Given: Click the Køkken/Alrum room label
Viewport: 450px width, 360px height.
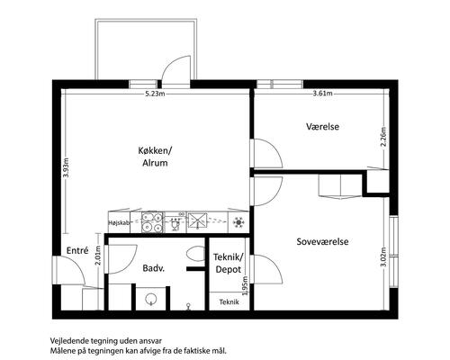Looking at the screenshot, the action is click(x=155, y=157).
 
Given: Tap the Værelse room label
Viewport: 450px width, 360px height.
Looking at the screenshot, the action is click(x=323, y=126).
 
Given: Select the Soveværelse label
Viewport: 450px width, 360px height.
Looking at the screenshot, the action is click(x=322, y=241).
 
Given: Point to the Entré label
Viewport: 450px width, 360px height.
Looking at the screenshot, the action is click(x=77, y=250).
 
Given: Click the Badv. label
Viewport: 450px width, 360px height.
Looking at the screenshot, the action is click(x=154, y=268).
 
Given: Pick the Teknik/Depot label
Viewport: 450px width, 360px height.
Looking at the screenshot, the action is click(x=229, y=263).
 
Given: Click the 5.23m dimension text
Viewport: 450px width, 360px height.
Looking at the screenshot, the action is click(x=155, y=94).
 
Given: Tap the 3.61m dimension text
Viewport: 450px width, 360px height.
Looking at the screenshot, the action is click(x=322, y=94).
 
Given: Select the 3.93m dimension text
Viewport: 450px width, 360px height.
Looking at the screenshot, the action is click(x=66, y=167).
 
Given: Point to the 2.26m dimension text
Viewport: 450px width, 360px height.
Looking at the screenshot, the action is click(x=383, y=137).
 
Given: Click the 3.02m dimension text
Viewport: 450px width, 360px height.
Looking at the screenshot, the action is click(x=383, y=256).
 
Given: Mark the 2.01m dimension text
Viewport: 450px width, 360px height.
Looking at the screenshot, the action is click(x=98, y=256).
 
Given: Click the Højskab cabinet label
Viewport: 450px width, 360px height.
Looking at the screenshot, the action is click(x=119, y=223).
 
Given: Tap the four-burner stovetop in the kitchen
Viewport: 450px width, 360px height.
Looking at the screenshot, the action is click(x=152, y=222).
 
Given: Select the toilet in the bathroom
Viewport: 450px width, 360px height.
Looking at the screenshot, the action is click(x=195, y=254).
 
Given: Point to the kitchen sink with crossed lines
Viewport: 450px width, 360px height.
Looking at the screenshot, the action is click(x=197, y=221).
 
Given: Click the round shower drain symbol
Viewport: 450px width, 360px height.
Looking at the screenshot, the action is click(x=150, y=299).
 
